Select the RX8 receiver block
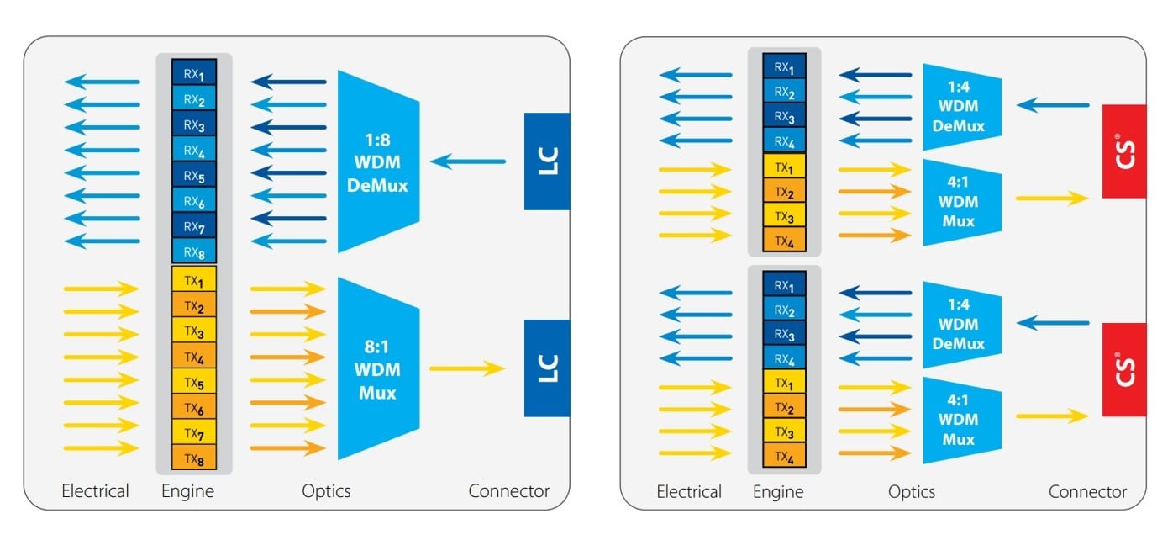coord(194,251)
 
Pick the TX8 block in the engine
coord(194,458)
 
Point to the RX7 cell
coord(194,225)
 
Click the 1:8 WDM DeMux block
coord(378,161)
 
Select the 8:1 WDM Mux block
coord(378,368)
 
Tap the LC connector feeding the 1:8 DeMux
coord(546,161)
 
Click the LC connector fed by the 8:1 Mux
coord(546,368)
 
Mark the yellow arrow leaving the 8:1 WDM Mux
coord(467,368)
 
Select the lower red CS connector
coord(1123,369)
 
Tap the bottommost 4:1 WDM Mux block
coord(962,419)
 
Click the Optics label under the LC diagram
coord(326,491)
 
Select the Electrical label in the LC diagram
coord(96,491)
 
